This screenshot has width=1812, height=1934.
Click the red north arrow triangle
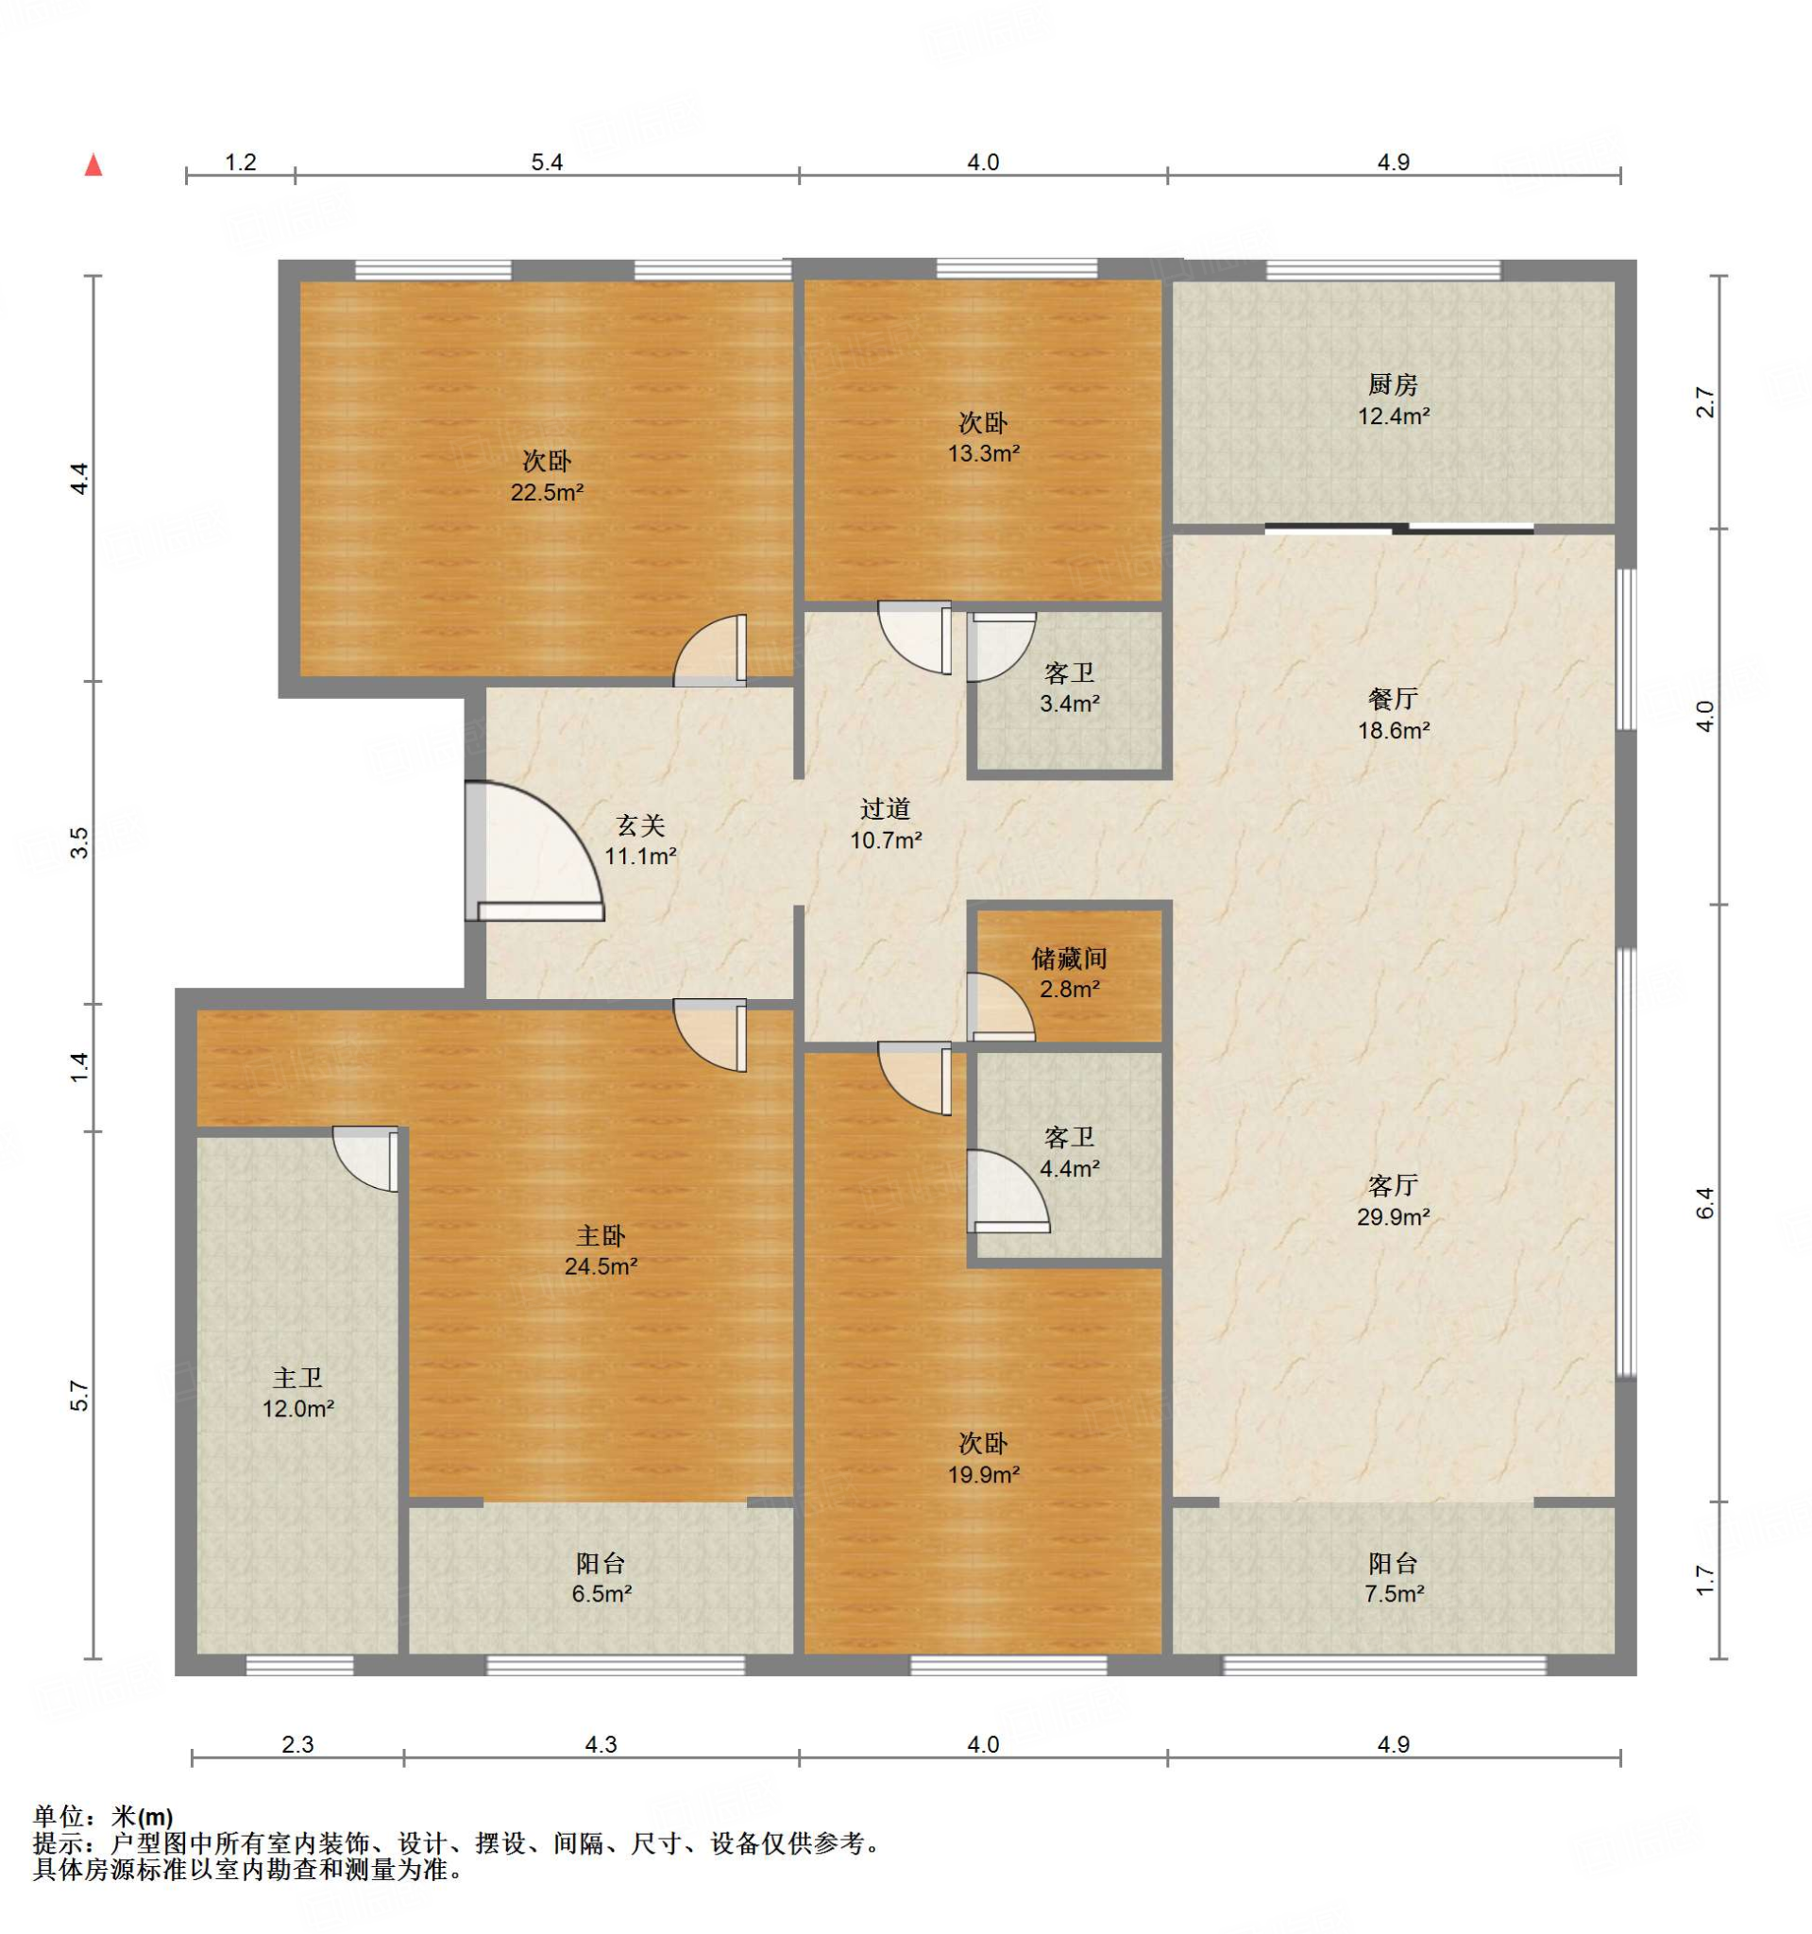pos(93,165)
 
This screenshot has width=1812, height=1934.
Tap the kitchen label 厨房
pos(1393,385)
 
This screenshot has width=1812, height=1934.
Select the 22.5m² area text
pos(547,492)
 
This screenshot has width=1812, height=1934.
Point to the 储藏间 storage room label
pos(1069,959)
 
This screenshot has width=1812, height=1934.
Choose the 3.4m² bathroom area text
pos(1069,704)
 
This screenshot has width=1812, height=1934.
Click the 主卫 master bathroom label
pos(297,1378)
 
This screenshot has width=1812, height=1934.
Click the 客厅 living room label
pos(1393,1186)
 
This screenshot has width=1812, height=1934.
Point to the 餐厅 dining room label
pos(1393,699)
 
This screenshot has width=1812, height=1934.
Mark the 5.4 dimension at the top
pos(547,162)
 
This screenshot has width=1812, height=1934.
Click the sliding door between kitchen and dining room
pos(1399,529)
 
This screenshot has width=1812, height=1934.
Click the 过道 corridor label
pos(885,808)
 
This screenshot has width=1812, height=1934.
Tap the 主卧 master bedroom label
pos(601,1235)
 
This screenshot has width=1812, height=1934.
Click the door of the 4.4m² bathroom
pos(1008,1192)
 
